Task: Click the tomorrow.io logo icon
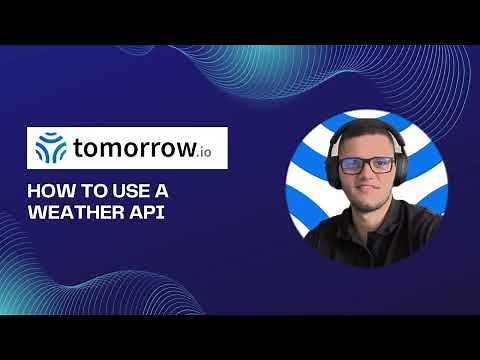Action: coord(51,148)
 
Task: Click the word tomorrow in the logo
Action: coord(135,148)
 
